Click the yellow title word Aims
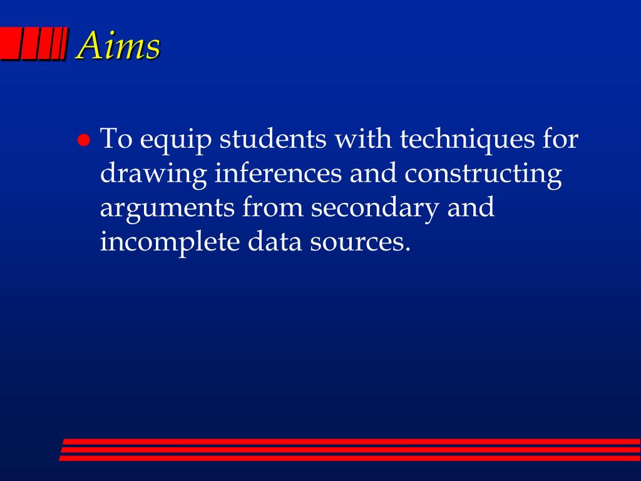pyautogui.click(x=118, y=45)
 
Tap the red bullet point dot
pyautogui.click(x=84, y=140)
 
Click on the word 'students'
pyautogui.click(x=273, y=138)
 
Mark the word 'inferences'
pyautogui.click(x=278, y=173)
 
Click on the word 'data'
pyautogui.click(x=274, y=242)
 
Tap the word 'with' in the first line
pyautogui.click(x=363, y=138)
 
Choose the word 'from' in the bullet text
pyautogui.click(x=273, y=207)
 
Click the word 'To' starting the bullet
pyautogui.click(x=116, y=138)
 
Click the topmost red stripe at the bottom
pyautogui.click(x=351, y=442)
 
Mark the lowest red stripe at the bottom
pyautogui.click(x=350, y=458)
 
